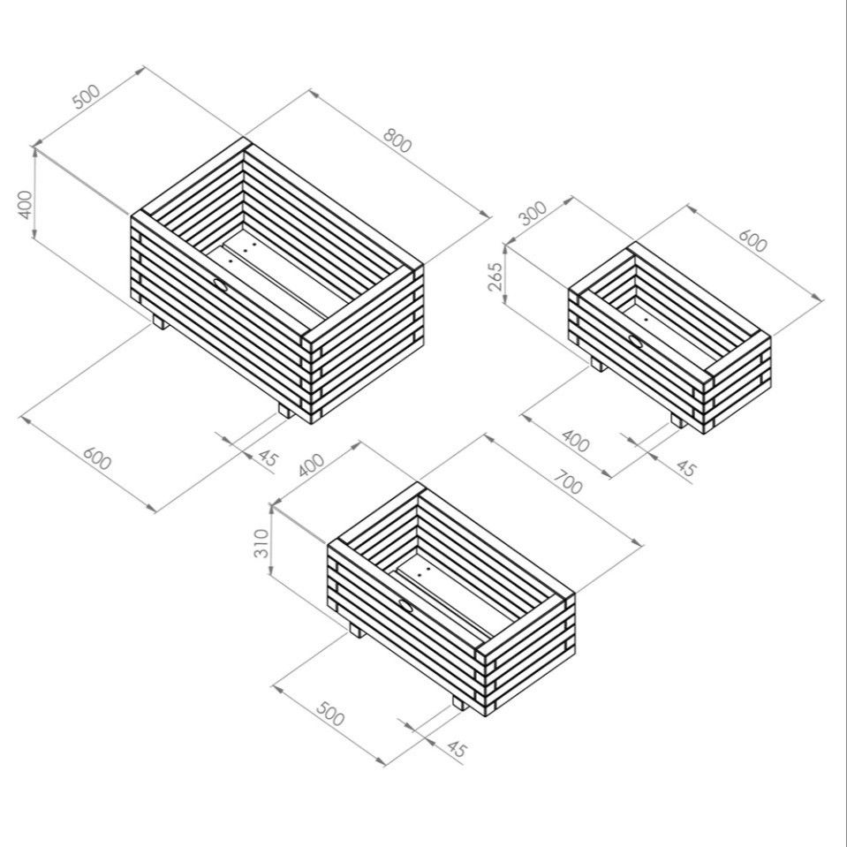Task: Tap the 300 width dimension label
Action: point(533,213)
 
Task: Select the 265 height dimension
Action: point(495,276)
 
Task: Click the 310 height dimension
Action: point(261,543)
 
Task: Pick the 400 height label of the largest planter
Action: point(26,206)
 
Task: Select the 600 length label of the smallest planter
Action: point(752,240)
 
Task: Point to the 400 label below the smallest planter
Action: point(575,440)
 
